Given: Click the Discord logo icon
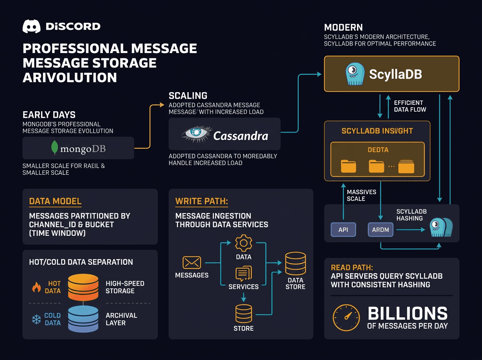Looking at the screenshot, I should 32,27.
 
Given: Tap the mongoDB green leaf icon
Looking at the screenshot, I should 54,148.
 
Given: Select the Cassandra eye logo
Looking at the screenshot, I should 196,134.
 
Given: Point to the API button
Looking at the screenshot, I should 343,230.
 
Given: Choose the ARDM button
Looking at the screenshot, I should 380,230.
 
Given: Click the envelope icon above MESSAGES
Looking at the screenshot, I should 192,263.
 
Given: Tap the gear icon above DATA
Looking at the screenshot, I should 243,243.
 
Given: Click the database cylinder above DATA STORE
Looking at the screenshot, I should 295,263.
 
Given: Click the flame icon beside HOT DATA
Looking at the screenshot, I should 37,287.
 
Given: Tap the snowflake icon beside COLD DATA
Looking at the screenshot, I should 37,319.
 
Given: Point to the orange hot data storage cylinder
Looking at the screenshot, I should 83,286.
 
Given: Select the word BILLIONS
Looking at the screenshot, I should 407,313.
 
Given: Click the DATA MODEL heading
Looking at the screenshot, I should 55,201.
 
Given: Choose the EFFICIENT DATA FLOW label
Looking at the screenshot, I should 410,106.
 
